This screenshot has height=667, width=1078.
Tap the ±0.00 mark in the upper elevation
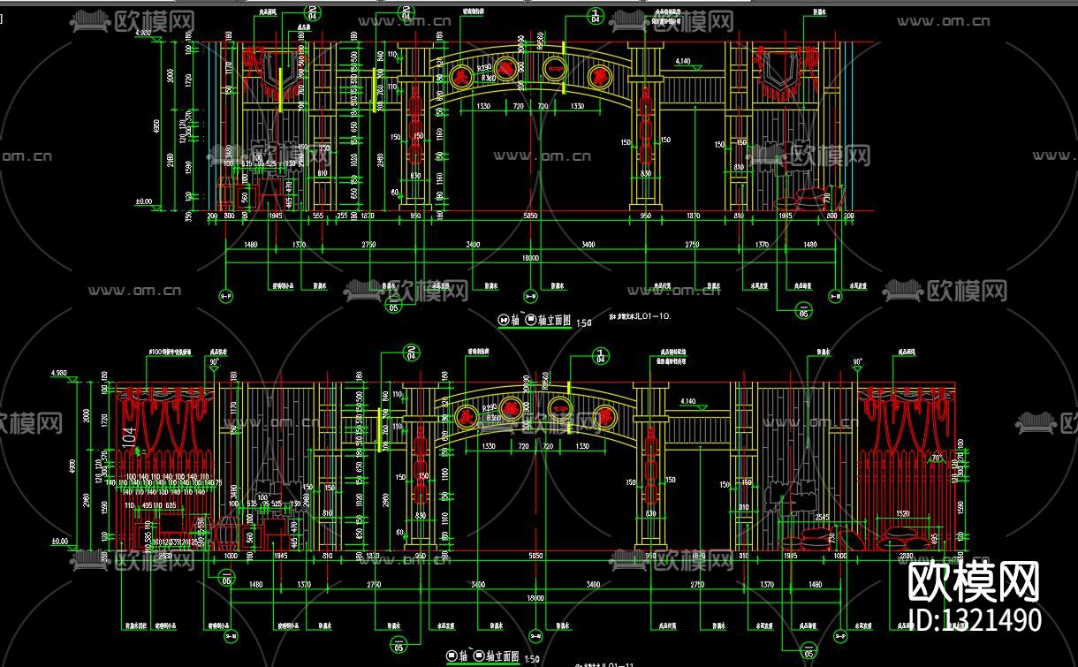(142, 201)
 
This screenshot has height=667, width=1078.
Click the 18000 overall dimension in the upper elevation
(531, 258)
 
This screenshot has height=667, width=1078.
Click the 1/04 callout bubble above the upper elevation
(594, 14)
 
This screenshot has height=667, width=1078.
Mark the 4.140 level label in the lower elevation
(688, 401)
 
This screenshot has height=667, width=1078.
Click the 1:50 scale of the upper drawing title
(583, 322)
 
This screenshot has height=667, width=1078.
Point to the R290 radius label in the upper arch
(484, 67)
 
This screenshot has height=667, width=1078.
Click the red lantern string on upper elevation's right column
(645, 133)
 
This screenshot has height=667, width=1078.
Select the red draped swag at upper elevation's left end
(267, 71)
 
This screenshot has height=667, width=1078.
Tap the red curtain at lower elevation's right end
(906, 424)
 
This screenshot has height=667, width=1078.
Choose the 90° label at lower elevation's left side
(213, 361)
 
